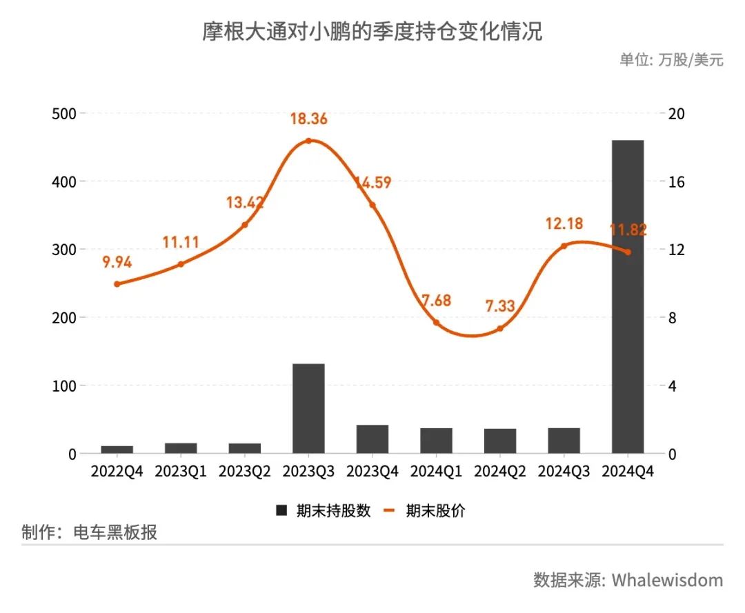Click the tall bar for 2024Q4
click(627, 297)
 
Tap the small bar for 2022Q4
click(117, 450)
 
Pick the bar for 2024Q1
click(436, 441)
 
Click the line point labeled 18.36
click(308, 141)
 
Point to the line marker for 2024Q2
click(500, 328)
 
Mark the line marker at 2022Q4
click(117, 284)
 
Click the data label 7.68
click(436, 301)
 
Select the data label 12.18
click(564, 223)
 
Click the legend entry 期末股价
click(435, 511)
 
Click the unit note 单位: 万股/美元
click(671, 60)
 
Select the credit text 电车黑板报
click(115, 532)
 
